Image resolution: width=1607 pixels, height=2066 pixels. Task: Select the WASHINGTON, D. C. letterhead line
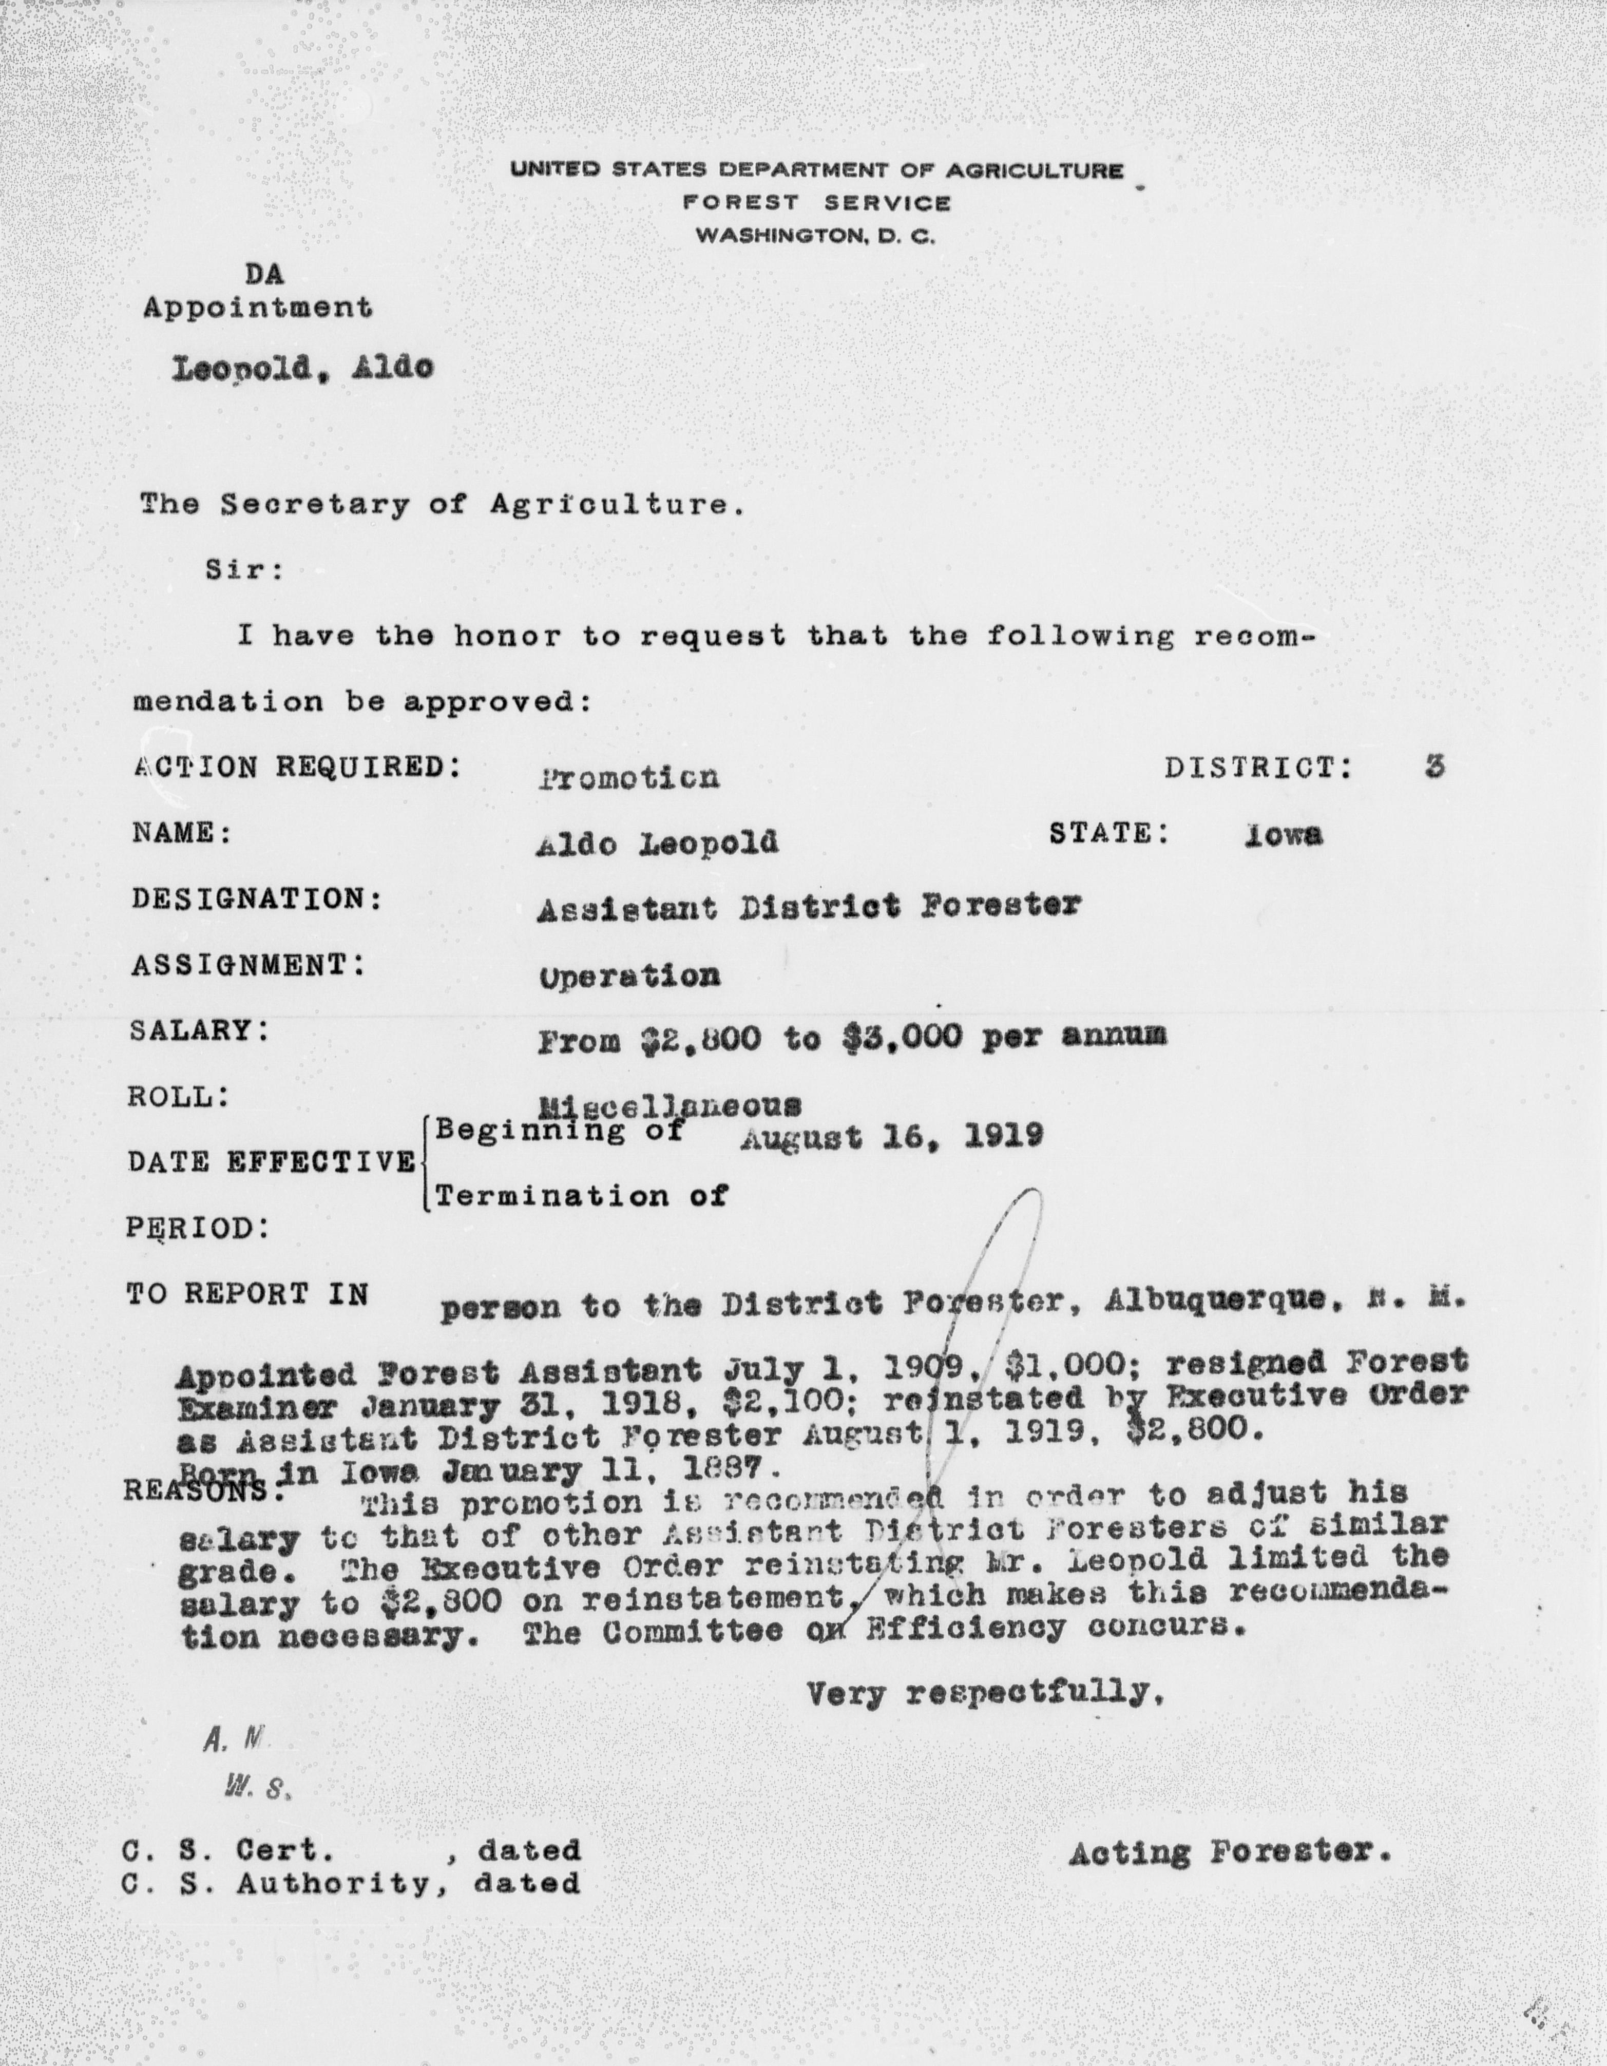coord(815,237)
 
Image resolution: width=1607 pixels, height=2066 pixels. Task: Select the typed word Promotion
coord(629,778)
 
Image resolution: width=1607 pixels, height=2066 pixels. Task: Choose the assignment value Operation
coord(629,975)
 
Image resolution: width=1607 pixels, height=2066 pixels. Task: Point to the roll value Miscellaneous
coord(669,1104)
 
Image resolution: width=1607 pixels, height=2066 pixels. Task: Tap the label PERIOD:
coord(197,1228)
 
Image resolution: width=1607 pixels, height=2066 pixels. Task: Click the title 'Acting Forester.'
coord(1230,1852)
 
